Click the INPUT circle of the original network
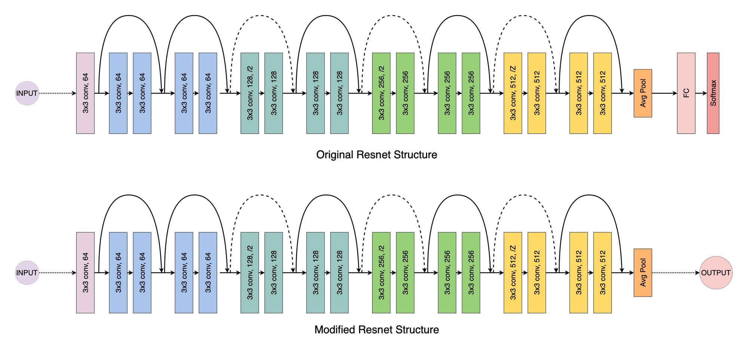click(x=27, y=93)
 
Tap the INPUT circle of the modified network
click(x=27, y=273)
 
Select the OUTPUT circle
click(x=715, y=273)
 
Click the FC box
click(x=686, y=93)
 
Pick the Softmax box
click(x=713, y=93)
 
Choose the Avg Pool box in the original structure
click(x=643, y=93)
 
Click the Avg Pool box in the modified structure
click(x=643, y=273)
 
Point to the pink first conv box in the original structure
click(x=85, y=93)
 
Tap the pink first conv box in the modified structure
click(x=85, y=273)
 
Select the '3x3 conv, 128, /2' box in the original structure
click(x=249, y=93)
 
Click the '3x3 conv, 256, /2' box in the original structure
click(x=381, y=93)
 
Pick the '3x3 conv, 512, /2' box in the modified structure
click(x=513, y=273)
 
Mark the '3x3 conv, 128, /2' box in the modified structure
click(x=249, y=273)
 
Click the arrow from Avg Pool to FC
click(x=664, y=93)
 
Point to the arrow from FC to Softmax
click(x=701, y=93)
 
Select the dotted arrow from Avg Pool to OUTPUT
click(x=675, y=273)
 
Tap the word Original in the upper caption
click(x=335, y=155)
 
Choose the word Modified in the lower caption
click(x=335, y=330)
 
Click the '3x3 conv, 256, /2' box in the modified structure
click(x=381, y=273)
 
